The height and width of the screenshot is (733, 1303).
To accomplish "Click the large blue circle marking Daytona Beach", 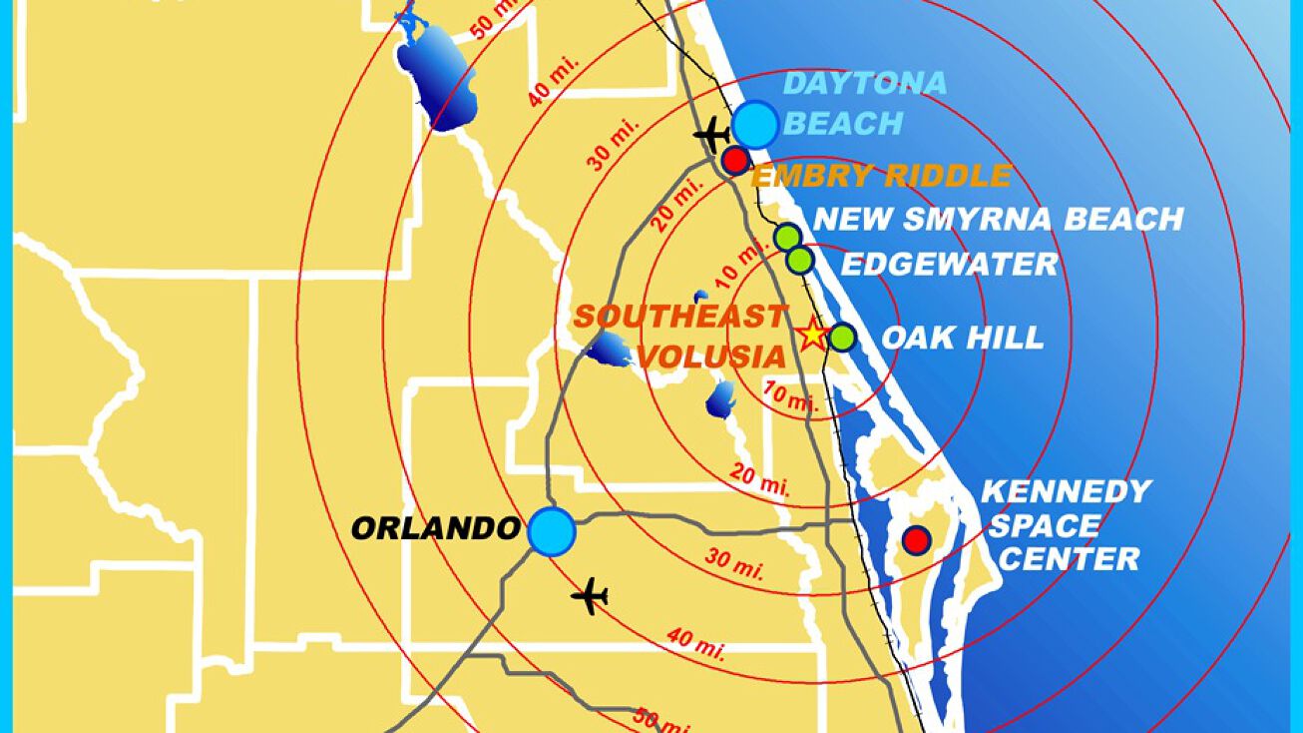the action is tap(755, 125).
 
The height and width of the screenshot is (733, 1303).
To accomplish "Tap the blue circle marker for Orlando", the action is tap(552, 531).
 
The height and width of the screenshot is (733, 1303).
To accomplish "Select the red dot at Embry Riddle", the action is tap(735, 160).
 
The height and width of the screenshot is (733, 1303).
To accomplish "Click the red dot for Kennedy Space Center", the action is tap(916, 540).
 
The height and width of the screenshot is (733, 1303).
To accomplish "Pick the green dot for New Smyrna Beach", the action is tap(788, 238).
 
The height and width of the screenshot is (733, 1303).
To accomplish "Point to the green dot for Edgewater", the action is tap(799, 261).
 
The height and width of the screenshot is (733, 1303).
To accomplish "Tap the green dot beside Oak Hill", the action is tap(843, 338).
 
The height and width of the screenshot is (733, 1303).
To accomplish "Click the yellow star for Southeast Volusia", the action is tap(813, 335).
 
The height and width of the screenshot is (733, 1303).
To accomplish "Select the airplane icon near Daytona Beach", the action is tap(711, 133).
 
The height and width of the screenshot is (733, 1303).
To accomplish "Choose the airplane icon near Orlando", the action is tap(590, 596).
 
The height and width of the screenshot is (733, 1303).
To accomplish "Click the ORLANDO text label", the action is tap(435, 528).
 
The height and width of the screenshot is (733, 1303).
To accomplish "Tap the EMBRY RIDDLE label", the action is tap(881, 178).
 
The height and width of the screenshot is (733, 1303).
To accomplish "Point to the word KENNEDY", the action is tap(1066, 491).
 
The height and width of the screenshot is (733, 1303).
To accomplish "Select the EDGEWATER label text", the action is tap(949, 265).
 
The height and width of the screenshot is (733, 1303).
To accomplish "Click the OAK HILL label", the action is tap(962, 338).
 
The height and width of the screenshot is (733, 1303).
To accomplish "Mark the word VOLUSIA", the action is tap(712, 357).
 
